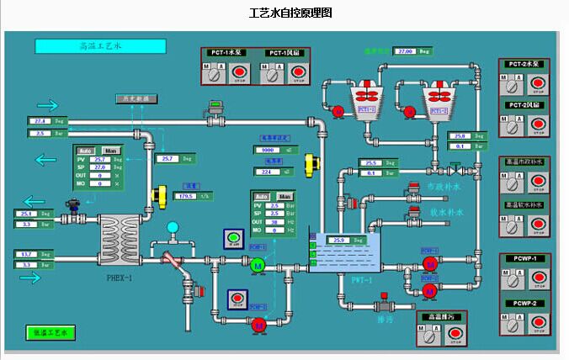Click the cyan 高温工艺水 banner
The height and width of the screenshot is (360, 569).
100,45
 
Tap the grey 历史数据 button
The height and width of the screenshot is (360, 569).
136,98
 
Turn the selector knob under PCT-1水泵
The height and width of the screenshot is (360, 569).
216,74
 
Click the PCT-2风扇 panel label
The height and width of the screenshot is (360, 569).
526,105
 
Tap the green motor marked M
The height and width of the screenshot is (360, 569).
258,266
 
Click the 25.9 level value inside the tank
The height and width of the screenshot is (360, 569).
339,240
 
